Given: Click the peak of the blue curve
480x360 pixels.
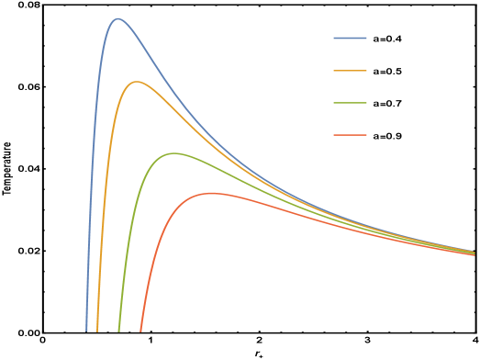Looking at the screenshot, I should (117, 18).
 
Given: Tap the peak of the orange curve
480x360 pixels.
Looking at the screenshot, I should (136, 82).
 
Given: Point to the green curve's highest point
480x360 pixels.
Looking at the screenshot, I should (173, 152).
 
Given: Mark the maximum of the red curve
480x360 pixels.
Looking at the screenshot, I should (212, 193).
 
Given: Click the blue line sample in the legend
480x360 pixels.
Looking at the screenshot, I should (350, 39).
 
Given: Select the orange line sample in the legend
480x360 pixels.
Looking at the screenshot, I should (350, 71).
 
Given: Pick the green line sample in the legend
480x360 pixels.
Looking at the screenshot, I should (350, 103).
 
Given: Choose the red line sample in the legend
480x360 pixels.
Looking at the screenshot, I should (350, 135).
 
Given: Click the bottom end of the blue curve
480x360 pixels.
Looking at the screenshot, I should (87, 329).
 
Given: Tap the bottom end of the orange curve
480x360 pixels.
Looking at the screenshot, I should (97, 329).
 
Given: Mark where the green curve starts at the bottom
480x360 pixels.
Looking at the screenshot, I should (119, 329).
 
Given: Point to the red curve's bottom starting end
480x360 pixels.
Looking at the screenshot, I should (140, 329).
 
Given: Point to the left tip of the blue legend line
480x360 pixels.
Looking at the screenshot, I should (334, 39).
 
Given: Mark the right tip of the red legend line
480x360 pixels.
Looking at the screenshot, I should (366, 135).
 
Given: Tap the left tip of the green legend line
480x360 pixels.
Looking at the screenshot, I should (334, 103).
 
